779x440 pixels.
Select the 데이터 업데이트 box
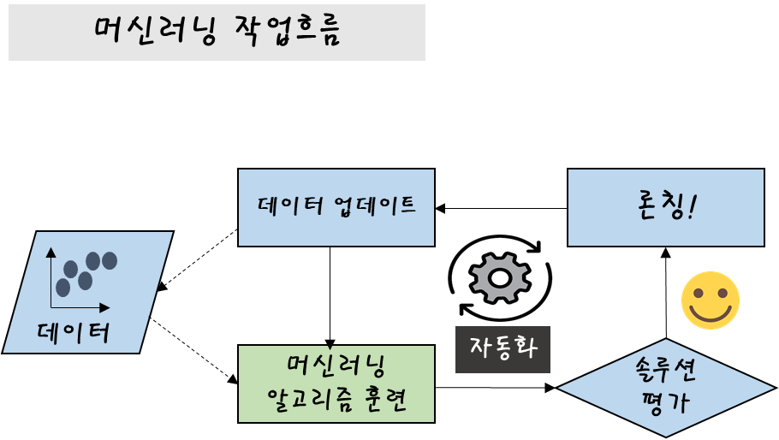click(336, 207)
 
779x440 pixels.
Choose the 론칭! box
click(665, 207)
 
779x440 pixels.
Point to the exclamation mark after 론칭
click(693, 207)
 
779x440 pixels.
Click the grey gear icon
click(500, 277)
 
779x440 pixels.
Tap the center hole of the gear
click(500, 277)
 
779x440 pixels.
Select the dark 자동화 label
click(502, 349)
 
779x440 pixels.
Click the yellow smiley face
click(710, 300)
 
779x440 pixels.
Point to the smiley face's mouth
click(710, 314)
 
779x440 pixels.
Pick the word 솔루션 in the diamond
click(666, 371)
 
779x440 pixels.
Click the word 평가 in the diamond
click(666, 402)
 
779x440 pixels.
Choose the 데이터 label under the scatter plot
click(74, 331)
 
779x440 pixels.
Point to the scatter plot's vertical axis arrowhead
click(51, 252)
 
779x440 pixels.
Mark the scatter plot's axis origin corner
click(51, 307)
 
